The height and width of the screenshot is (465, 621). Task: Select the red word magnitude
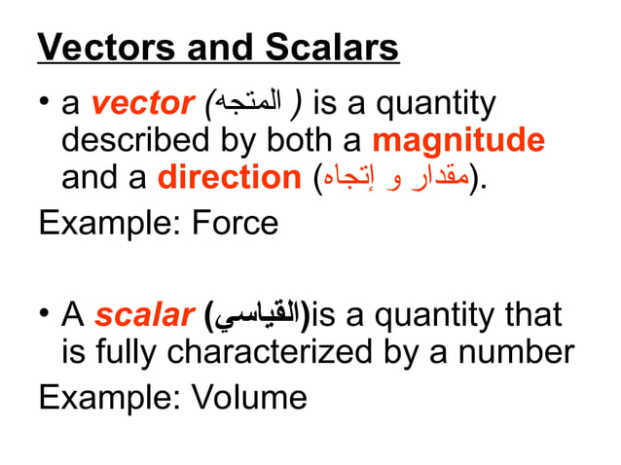coord(458,140)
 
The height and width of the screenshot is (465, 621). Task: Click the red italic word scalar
coord(147,315)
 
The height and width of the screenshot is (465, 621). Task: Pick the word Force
coord(236,223)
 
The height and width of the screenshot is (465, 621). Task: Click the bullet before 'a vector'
coord(45,104)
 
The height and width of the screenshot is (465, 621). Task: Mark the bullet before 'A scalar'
coord(45,315)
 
